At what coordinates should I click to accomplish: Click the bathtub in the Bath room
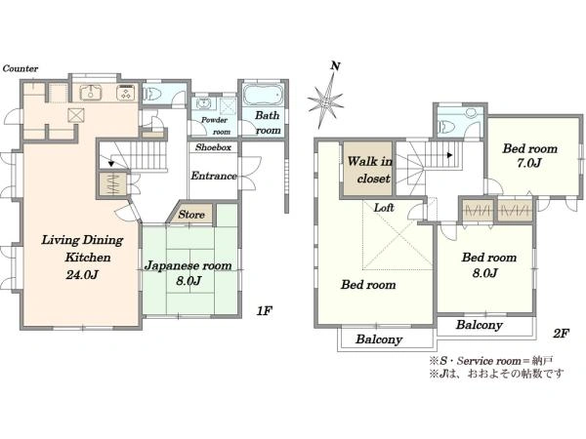click(x=263, y=95)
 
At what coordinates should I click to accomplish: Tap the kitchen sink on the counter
click(x=91, y=93)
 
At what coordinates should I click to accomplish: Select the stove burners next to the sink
click(x=126, y=93)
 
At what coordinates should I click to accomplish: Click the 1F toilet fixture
click(x=151, y=94)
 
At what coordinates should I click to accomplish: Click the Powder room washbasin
click(x=204, y=103)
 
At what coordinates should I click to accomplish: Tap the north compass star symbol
click(x=325, y=100)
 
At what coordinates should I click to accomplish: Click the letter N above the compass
click(x=335, y=66)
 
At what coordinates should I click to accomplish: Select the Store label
click(x=191, y=215)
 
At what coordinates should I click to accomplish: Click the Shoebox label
click(x=213, y=147)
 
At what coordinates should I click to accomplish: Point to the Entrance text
click(x=213, y=176)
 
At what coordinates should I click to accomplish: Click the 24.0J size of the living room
click(x=82, y=275)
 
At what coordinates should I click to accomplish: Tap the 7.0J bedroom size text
click(x=529, y=164)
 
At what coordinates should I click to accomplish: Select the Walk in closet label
click(x=369, y=170)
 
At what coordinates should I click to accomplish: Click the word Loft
click(x=384, y=208)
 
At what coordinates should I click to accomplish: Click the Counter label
click(x=21, y=68)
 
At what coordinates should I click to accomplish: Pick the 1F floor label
click(x=265, y=310)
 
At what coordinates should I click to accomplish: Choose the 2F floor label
click(x=561, y=334)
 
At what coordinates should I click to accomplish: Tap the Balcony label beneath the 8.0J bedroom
click(x=479, y=325)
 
